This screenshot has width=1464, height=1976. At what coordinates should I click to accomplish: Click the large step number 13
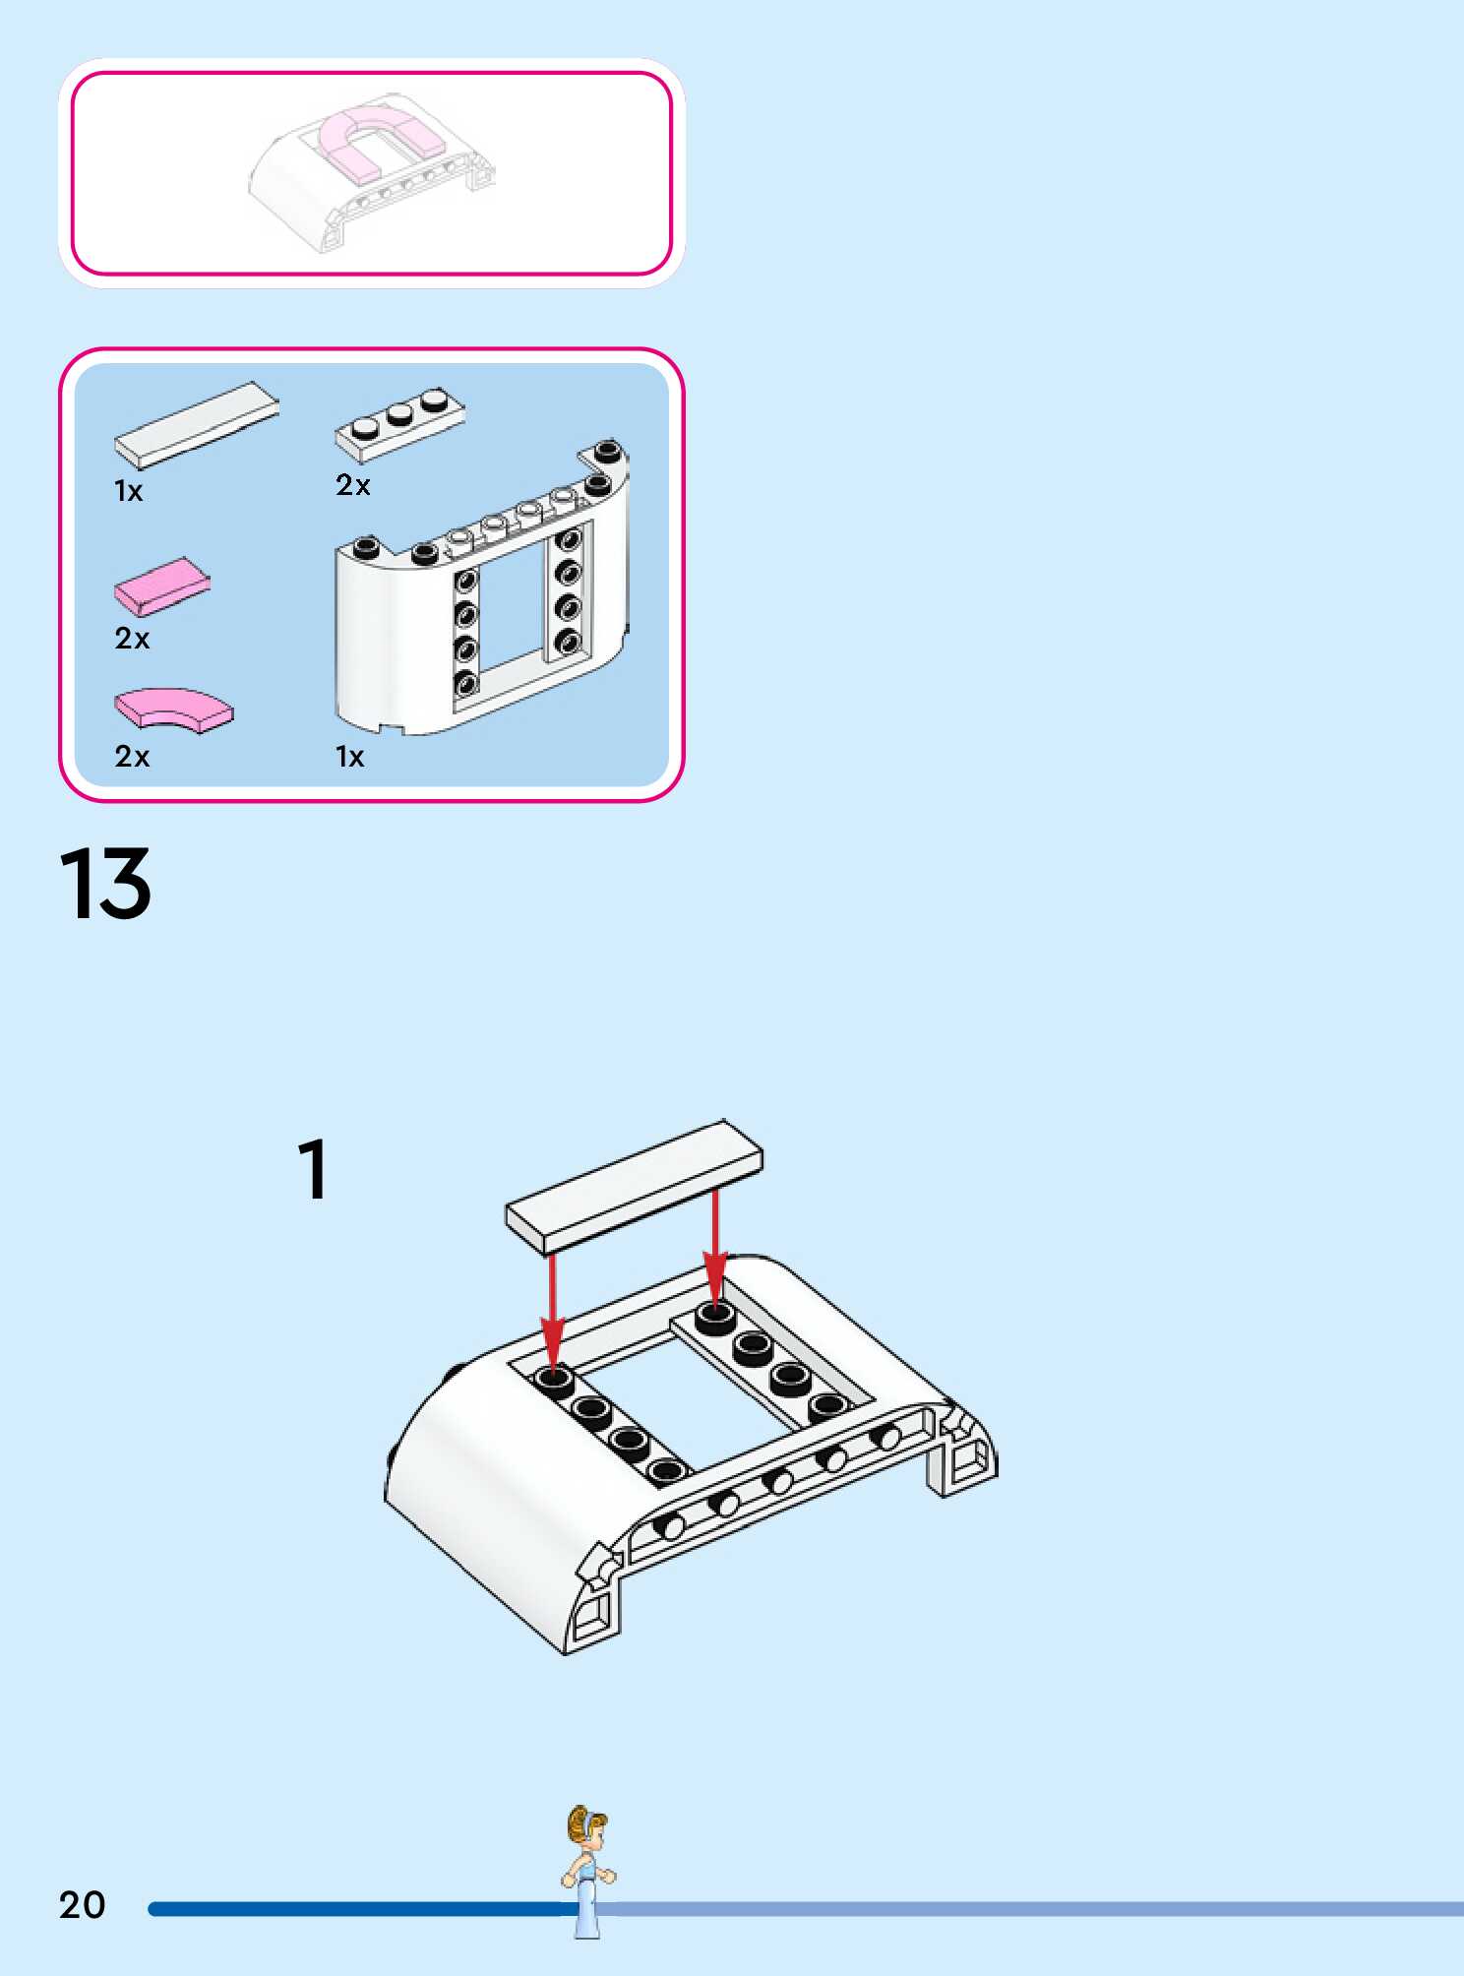(106, 884)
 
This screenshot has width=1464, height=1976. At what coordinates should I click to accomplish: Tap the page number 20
(83, 1905)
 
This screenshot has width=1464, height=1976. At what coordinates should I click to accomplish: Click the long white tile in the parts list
(197, 424)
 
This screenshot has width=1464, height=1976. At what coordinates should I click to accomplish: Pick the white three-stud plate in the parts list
(399, 424)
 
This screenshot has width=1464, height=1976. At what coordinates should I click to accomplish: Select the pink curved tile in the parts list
(175, 709)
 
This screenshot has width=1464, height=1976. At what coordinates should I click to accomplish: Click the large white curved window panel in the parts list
(482, 600)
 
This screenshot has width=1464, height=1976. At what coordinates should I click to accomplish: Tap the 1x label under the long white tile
(129, 491)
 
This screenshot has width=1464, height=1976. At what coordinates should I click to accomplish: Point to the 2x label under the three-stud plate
(353, 485)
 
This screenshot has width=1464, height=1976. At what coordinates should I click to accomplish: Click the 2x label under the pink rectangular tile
(132, 639)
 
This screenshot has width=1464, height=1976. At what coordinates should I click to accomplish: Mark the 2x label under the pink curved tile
(132, 756)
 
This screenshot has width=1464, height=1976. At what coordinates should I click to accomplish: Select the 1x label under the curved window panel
(350, 757)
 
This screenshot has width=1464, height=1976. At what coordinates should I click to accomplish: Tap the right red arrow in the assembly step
(715, 1245)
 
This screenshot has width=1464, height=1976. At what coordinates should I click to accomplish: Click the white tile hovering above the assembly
(635, 1186)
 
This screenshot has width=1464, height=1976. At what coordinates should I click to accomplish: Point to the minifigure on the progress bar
(587, 1870)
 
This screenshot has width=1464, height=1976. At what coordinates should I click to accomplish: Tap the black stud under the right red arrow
(715, 1317)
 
